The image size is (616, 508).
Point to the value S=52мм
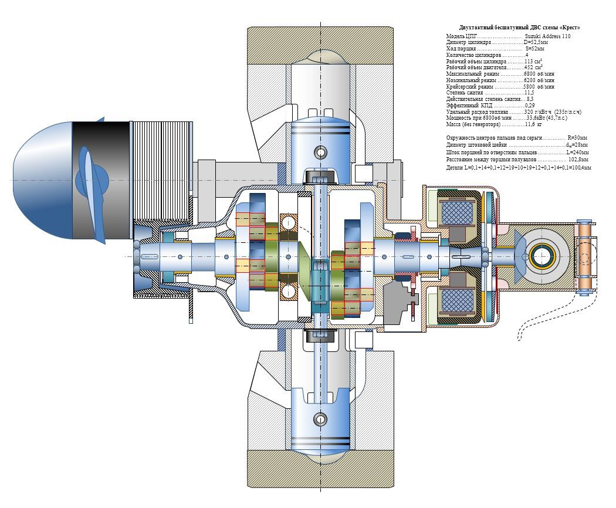tap(534, 49)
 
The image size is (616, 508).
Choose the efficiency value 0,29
tap(530, 106)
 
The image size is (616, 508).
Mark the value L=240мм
tap(577, 152)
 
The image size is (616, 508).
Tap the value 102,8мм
tap(578, 159)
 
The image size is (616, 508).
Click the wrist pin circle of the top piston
tap(320, 153)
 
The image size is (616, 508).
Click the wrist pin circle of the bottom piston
tap(320, 419)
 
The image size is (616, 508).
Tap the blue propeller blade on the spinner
tap(87, 176)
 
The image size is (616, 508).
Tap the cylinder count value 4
tap(526, 55)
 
